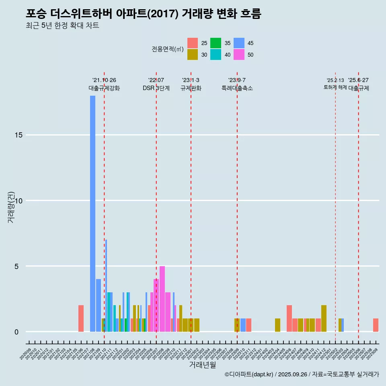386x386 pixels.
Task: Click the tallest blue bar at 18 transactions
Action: [x=92, y=213]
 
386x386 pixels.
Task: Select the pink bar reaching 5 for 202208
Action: [x=162, y=299]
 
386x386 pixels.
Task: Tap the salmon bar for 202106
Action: [x=81, y=318]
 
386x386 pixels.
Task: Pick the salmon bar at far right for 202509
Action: [x=376, y=325]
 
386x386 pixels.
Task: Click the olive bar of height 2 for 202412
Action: [x=324, y=318]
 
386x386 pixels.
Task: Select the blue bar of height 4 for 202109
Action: [x=99, y=305]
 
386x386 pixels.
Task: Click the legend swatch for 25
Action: [x=193, y=43]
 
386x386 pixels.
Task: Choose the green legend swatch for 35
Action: [x=216, y=43]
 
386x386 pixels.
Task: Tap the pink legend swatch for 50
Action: [x=239, y=55]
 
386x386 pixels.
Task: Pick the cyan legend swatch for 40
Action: [x=216, y=55]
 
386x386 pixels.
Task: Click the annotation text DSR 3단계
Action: [x=156, y=88]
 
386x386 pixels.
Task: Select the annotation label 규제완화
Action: [x=191, y=88]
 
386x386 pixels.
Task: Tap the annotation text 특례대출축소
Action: [x=237, y=88]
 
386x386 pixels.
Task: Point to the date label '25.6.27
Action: [x=358, y=80]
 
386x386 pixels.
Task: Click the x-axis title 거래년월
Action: [x=203, y=365]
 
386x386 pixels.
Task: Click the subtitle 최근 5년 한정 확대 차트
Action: [x=62, y=26]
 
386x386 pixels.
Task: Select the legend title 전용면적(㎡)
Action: [x=167, y=49]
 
